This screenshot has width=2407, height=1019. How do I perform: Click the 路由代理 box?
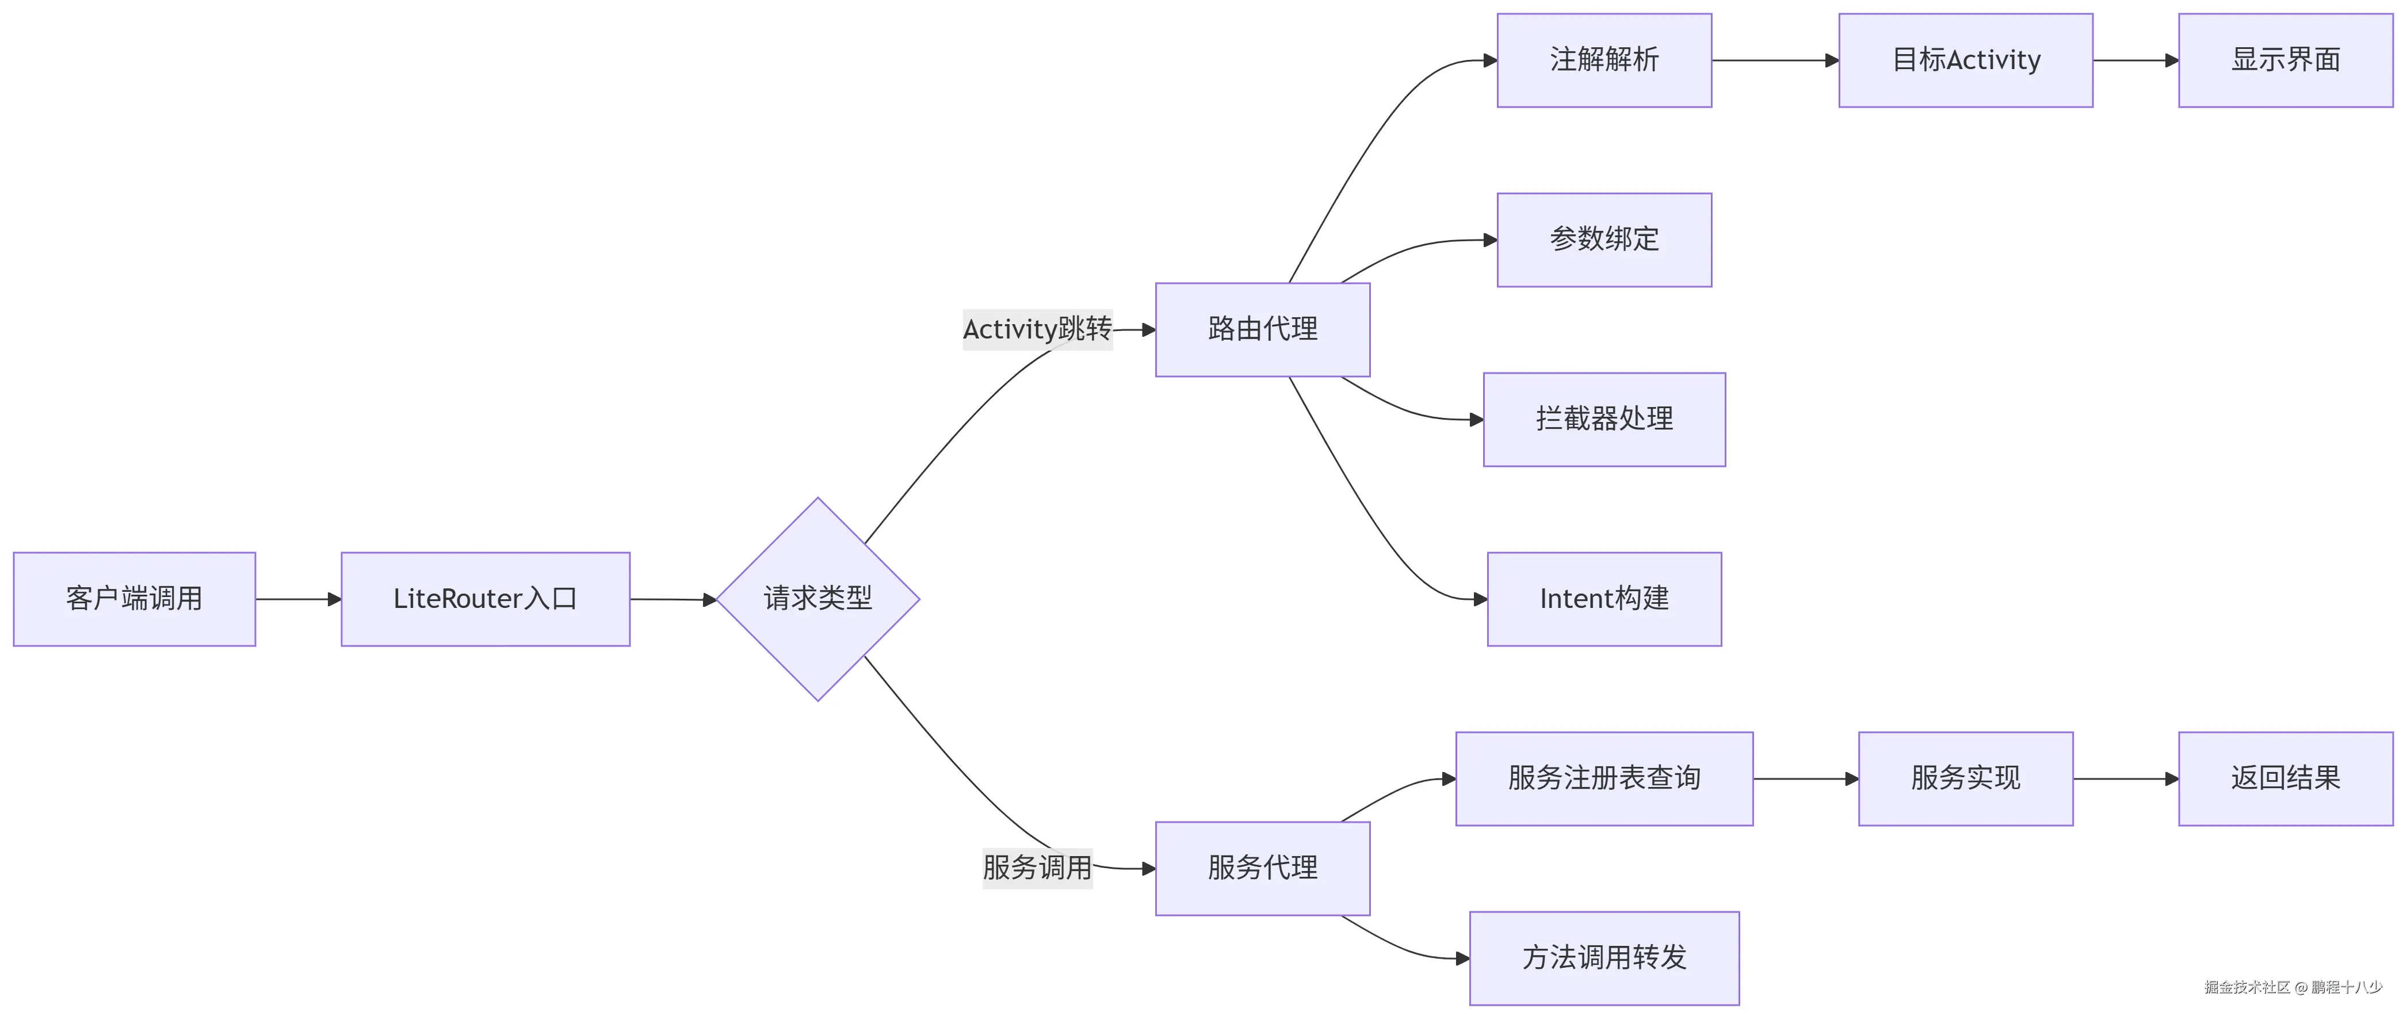1262,329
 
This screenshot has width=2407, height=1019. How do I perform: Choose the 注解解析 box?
1603,60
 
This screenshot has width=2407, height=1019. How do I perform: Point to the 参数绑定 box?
1603,239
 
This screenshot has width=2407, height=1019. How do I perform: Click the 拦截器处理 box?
1603,419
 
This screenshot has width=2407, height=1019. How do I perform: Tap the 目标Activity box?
1965,60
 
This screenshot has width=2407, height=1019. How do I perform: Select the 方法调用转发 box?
1603,957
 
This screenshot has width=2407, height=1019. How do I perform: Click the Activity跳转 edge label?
1037,329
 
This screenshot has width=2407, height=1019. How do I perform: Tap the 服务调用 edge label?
1037,868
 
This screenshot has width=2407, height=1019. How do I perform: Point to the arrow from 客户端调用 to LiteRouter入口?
298,599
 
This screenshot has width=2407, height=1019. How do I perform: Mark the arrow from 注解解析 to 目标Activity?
1774,61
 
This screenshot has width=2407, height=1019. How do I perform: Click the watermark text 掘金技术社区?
2247,987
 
